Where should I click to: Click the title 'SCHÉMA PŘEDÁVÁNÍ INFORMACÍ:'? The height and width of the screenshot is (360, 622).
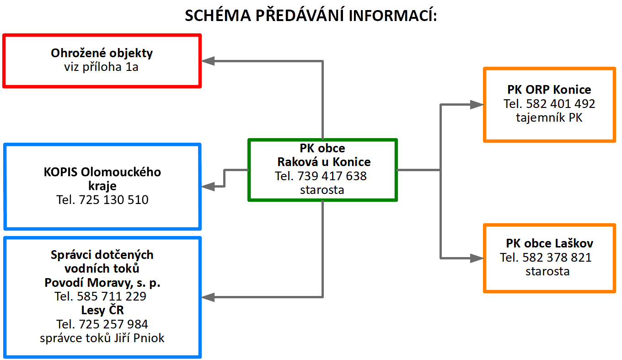[311, 15]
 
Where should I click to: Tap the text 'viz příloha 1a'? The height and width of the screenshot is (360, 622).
[101, 67]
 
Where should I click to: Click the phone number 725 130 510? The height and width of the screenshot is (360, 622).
[113, 200]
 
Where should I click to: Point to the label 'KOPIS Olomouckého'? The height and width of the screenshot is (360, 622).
[102, 172]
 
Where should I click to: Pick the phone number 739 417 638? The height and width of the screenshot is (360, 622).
[332, 176]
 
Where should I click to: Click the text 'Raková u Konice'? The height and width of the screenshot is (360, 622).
[324, 162]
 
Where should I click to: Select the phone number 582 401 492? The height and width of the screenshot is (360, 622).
[560, 104]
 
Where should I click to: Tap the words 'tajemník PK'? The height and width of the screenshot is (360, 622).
[549, 118]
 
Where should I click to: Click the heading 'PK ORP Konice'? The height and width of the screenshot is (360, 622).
[549, 90]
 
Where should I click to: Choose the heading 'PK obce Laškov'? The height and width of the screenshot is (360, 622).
[549, 243]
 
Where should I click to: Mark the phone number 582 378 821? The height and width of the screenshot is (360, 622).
[557, 258]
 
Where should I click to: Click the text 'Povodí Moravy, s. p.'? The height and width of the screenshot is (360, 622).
[102, 283]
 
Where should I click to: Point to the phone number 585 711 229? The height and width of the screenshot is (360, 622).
[111, 296]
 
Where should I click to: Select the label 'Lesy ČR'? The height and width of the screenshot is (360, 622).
[102, 310]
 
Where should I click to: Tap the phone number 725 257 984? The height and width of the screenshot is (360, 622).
[113, 324]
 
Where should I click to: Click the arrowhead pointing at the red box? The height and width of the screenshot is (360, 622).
[208, 61]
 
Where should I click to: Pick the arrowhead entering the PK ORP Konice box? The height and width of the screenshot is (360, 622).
[477, 104]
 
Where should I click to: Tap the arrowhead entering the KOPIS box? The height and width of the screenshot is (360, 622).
[208, 186]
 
